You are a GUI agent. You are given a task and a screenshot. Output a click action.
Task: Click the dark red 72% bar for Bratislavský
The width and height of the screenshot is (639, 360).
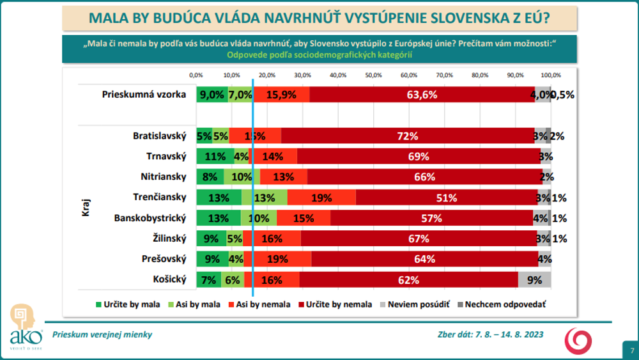click(x=407, y=136)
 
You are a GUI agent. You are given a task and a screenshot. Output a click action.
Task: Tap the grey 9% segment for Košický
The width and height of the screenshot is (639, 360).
click(x=534, y=279)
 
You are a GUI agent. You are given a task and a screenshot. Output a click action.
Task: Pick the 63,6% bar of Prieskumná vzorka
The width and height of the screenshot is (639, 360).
click(x=422, y=94)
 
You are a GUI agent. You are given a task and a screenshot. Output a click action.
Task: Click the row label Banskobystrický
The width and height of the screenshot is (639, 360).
click(x=150, y=218)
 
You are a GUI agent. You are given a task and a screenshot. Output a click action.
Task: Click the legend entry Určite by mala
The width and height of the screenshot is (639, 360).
click(x=127, y=304)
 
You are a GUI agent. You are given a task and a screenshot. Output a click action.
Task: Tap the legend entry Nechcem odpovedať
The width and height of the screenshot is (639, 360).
click(x=502, y=304)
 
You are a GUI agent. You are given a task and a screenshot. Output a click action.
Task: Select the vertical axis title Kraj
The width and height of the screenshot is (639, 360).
click(x=85, y=207)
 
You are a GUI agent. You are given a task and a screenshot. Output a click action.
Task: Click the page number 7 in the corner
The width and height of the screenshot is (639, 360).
click(x=631, y=350)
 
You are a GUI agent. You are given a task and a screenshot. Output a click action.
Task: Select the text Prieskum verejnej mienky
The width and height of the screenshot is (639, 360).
click(x=102, y=334)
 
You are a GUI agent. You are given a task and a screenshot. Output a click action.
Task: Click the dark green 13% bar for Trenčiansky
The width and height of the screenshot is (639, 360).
click(x=219, y=197)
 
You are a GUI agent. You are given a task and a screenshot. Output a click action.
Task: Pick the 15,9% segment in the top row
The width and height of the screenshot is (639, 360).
click(x=281, y=94)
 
